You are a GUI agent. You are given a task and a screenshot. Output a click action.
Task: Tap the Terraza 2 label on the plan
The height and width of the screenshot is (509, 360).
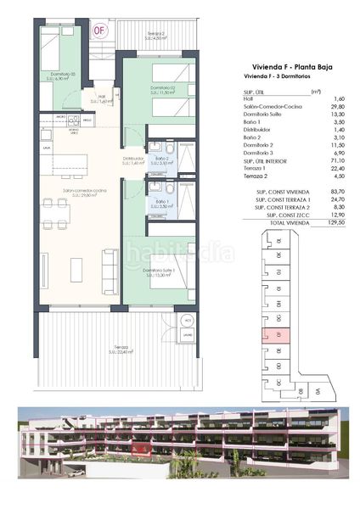point(155,36)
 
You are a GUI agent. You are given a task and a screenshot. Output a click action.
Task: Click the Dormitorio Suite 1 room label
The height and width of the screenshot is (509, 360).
point(160,272)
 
